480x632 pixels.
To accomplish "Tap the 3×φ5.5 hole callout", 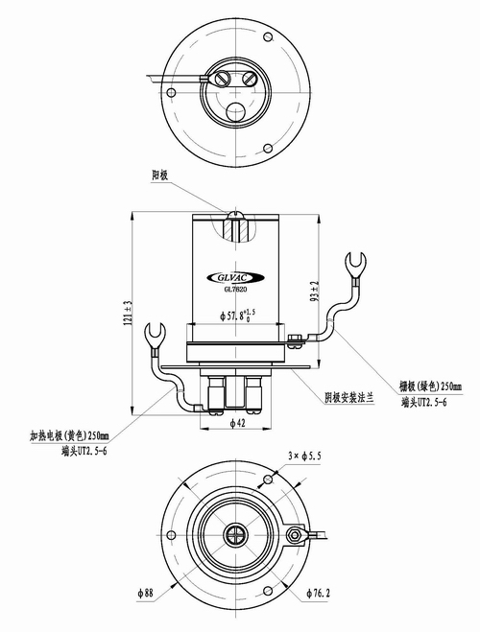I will [x=305, y=455].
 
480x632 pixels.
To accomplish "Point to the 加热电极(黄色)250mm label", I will [x=69, y=435].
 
